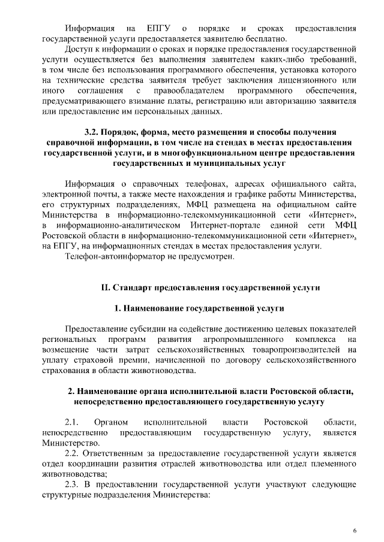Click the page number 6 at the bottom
[354, 531]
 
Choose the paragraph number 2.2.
[73, 453]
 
